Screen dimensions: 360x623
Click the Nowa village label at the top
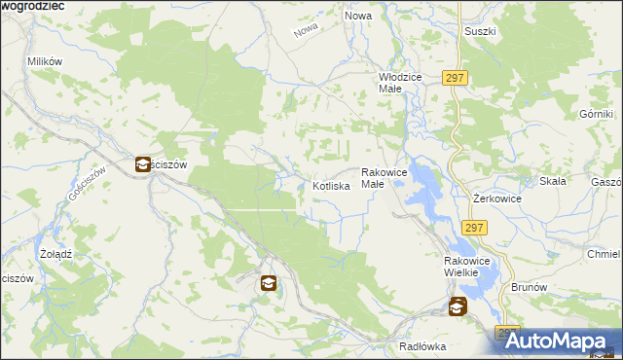[358, 17]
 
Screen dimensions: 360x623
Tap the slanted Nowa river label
[306, 30]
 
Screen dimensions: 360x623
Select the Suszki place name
[480, 31]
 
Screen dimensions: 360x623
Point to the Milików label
[45, 60]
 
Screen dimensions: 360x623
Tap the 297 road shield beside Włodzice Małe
[455, 78]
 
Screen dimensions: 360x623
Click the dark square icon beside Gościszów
[142, 164]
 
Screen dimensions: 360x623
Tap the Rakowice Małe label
[385, 177]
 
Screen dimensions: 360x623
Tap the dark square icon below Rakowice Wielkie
[457, 306]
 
